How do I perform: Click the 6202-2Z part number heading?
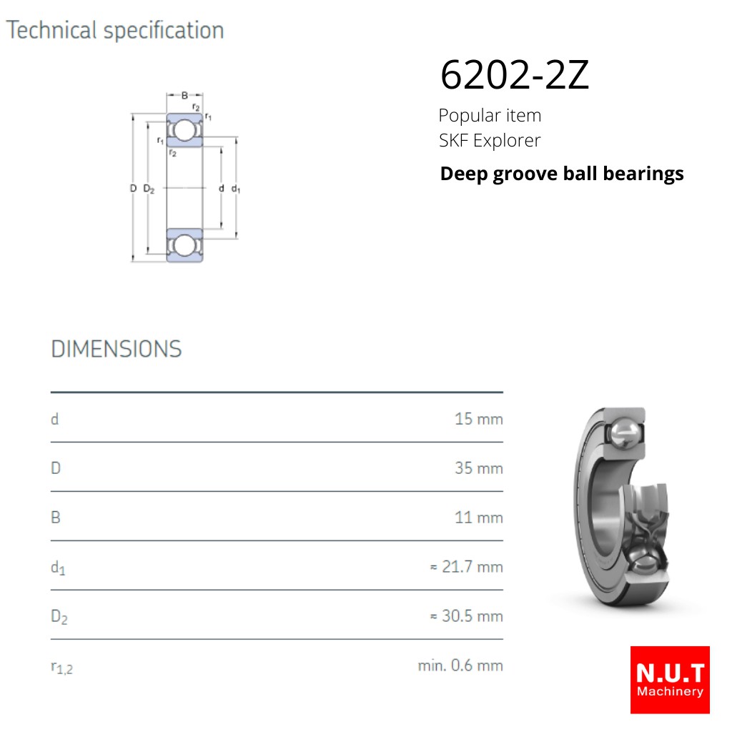[x=515, y=74]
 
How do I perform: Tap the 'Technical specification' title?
[x=115, y=31]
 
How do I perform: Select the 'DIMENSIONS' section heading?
[x=117, y=349]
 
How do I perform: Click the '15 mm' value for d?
[x=478, y=419]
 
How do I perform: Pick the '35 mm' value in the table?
[x=478, y=468]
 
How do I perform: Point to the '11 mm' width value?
[x=478, y=518]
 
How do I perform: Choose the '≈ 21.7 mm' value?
[x=466, y=567]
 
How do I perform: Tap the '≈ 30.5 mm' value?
[x=466, y=615]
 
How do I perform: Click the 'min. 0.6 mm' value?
[x=460, y=666]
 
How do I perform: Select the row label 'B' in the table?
[x=56, y=518]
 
